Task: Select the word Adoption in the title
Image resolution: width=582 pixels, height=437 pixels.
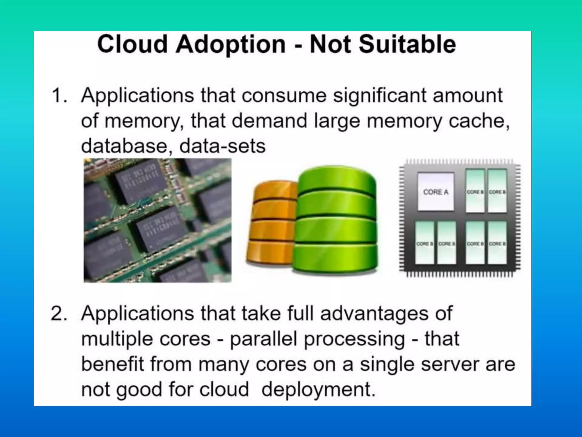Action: click(x=230, y=45)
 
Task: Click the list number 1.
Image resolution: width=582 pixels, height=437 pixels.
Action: click(x=59, y=95)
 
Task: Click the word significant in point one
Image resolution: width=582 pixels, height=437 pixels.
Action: click(x=380, y=96)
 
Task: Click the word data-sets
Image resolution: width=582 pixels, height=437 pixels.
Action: click(x=222, y=146)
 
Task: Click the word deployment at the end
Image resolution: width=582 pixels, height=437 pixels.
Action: click(x=318, y=390)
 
